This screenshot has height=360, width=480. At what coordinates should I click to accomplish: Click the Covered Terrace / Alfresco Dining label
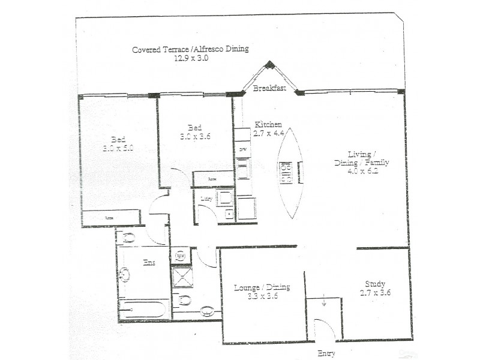click(190, 49)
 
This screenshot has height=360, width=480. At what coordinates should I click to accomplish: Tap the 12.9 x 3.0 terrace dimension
click(191, 58)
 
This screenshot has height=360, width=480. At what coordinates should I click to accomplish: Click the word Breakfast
click(268, 88)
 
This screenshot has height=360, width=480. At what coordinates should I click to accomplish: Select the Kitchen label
click(268, 124)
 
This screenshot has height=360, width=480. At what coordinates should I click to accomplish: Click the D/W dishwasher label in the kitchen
click(243, 149)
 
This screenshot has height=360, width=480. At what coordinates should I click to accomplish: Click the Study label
click(375, 284)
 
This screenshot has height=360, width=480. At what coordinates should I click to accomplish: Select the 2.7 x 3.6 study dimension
click(375, 293)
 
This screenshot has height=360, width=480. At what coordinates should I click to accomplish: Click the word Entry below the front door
click(327, 353)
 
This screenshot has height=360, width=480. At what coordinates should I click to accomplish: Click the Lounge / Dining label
click(262, 287)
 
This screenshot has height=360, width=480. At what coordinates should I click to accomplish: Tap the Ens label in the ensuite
click(149, 262)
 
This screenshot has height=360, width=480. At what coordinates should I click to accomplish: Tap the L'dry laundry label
click(206, 199)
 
